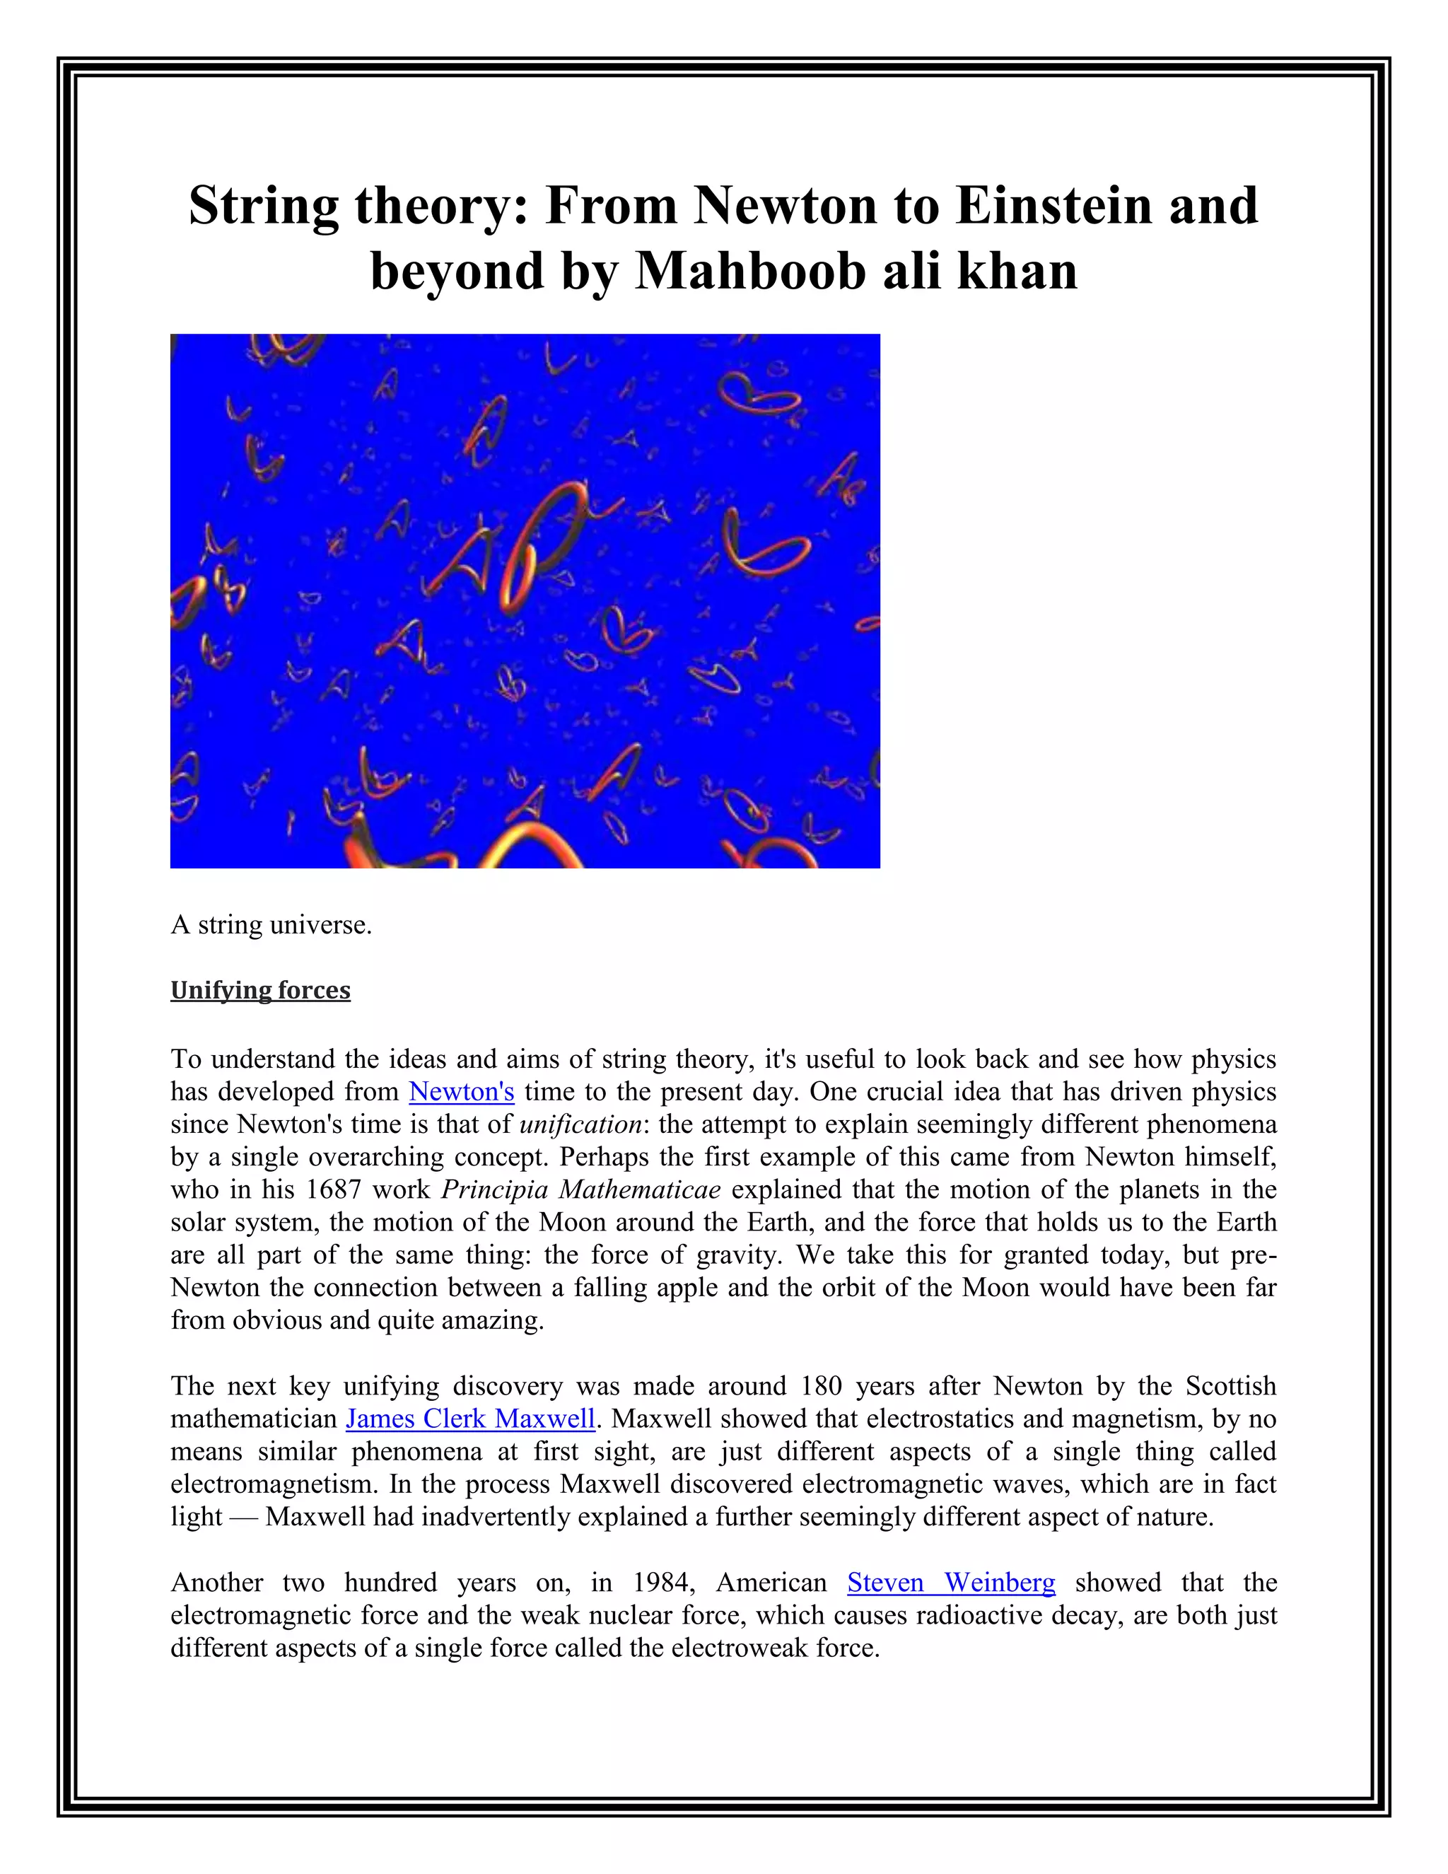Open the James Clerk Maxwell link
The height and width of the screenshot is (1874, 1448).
470,1419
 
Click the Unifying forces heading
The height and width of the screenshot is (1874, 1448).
260,990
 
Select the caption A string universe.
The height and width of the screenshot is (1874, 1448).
271,925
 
